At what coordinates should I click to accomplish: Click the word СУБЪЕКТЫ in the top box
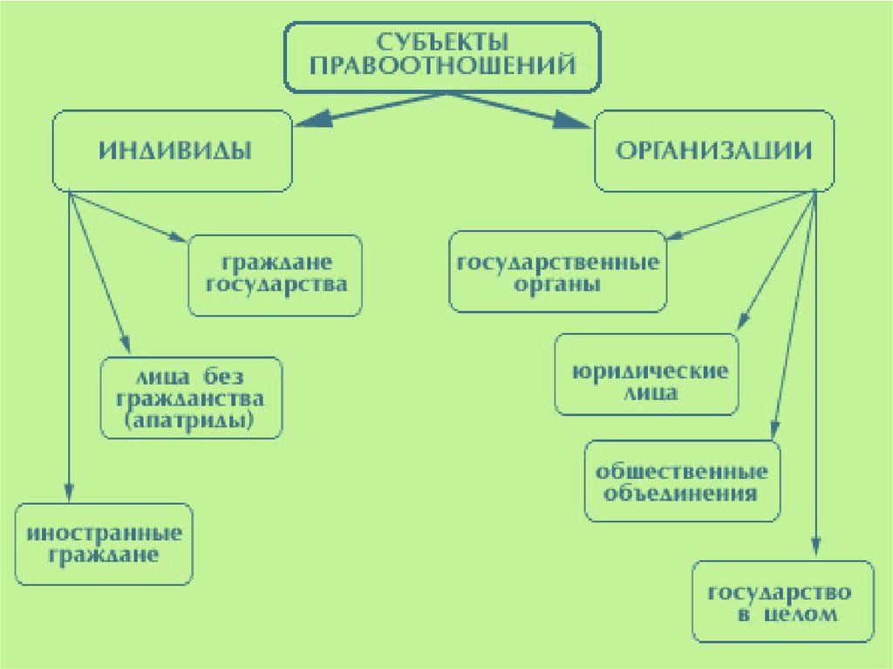[x=442, y=42]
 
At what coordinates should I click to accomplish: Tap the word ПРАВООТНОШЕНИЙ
[x=442, y=65]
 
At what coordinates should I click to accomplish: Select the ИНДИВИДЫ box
[x=172, y=151]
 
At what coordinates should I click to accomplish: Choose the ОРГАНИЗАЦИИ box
[x=714, y=151]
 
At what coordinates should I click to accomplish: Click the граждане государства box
[x=275, y=276]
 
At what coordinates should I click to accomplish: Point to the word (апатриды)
[x=189, y=420]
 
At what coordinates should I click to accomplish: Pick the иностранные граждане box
[x=104, y=544]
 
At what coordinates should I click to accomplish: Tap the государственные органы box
[x=557, y=271]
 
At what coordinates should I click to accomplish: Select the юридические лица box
[x=646, y=374]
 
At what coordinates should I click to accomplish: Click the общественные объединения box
[x=682, y=481]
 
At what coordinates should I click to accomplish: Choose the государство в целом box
[x=783, y=601]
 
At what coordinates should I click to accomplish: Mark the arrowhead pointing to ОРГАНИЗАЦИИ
[x=573, y=120]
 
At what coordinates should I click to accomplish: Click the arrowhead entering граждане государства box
[x=178, y=237]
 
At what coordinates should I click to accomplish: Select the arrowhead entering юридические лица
[x=743, y=321]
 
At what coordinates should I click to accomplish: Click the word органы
[x=557, y=283]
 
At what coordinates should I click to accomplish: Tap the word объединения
[x=680, y=493]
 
